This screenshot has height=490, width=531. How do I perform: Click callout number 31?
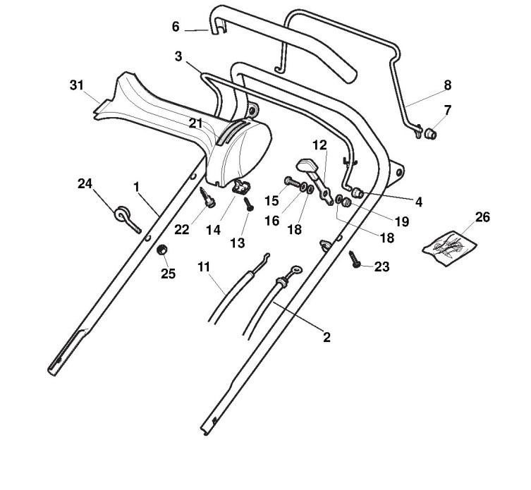77,85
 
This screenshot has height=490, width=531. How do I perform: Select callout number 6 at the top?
176,27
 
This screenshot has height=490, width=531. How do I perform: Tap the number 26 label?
482,216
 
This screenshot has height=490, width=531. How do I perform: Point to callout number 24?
85,184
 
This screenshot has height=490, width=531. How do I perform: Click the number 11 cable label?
204,267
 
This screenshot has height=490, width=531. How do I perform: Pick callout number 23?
382,267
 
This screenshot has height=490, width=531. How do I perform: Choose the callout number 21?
195,123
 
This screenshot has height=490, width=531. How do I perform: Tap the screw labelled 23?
355,259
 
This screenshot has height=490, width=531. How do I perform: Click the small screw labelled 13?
248,204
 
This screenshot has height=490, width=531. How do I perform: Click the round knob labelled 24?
123,213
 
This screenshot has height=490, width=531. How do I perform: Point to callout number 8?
447,85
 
